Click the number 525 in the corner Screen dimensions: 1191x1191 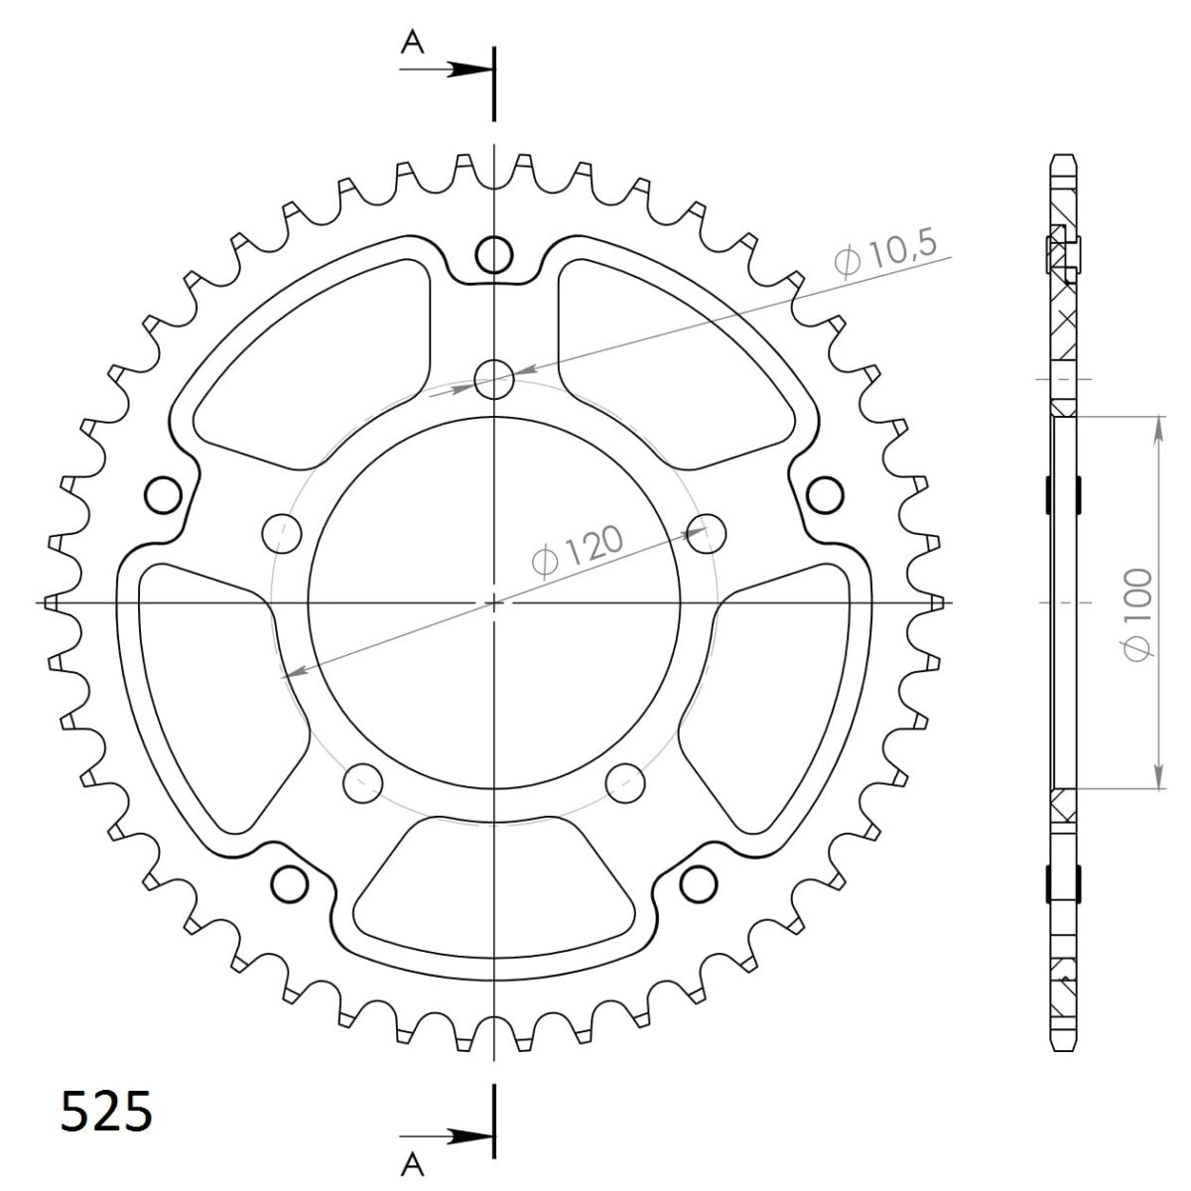[x=107, y=1111]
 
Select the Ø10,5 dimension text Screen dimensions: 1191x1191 [x=885, y=257]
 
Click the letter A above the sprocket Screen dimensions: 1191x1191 [x=412, y=41]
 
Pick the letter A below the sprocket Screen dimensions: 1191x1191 [x=412, y=1162]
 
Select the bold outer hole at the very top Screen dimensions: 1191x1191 [x=493, y=255]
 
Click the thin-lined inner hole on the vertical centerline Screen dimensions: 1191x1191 [x=493, y=378]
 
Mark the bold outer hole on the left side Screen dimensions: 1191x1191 [x=162, y=493]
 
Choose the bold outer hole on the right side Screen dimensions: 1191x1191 [x=824, y=493]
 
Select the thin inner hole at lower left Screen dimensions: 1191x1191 [x=362, y=781]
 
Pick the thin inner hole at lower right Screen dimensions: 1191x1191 [x=624, y=781]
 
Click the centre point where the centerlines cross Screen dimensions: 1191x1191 [x=493, y=602]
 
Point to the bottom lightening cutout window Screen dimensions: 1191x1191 [x=493, y=878]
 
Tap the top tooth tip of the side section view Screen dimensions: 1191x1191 [x=1063, y=159]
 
